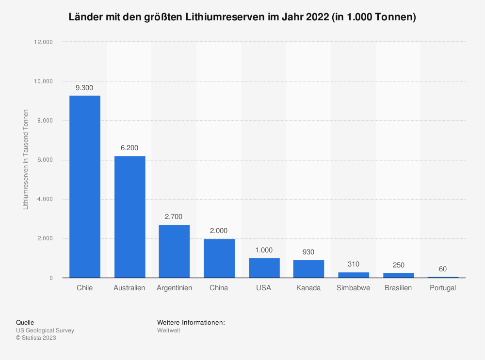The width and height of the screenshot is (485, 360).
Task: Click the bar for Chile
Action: coord(85,187)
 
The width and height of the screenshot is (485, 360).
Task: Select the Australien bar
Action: coord(129,217)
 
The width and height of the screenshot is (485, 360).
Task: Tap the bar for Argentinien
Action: coord(174,251)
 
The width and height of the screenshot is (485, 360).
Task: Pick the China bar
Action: coord(219,258)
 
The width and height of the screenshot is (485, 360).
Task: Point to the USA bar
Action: coord(264,268)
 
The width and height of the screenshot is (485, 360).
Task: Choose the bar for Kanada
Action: coord(308,269)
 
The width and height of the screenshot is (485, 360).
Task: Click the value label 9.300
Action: coord(84,88)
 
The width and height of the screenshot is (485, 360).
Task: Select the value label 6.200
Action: coord(129,148)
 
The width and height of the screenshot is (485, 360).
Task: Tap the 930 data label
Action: coord(308,252)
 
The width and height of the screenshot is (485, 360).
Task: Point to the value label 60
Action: coord(443,269)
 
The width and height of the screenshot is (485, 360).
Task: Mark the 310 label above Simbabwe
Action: coord(353,264)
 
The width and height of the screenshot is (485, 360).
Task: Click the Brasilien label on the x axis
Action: coord(398,288)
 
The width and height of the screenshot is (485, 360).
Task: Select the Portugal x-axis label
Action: coord(443,288)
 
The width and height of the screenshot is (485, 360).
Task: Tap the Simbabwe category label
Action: coord(353,288)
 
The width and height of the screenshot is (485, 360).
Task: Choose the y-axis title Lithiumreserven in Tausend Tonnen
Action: coord(26,160)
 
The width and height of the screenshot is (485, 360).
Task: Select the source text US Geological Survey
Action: coord(45,330)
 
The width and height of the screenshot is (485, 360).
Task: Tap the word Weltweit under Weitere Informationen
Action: coord(168,330)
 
